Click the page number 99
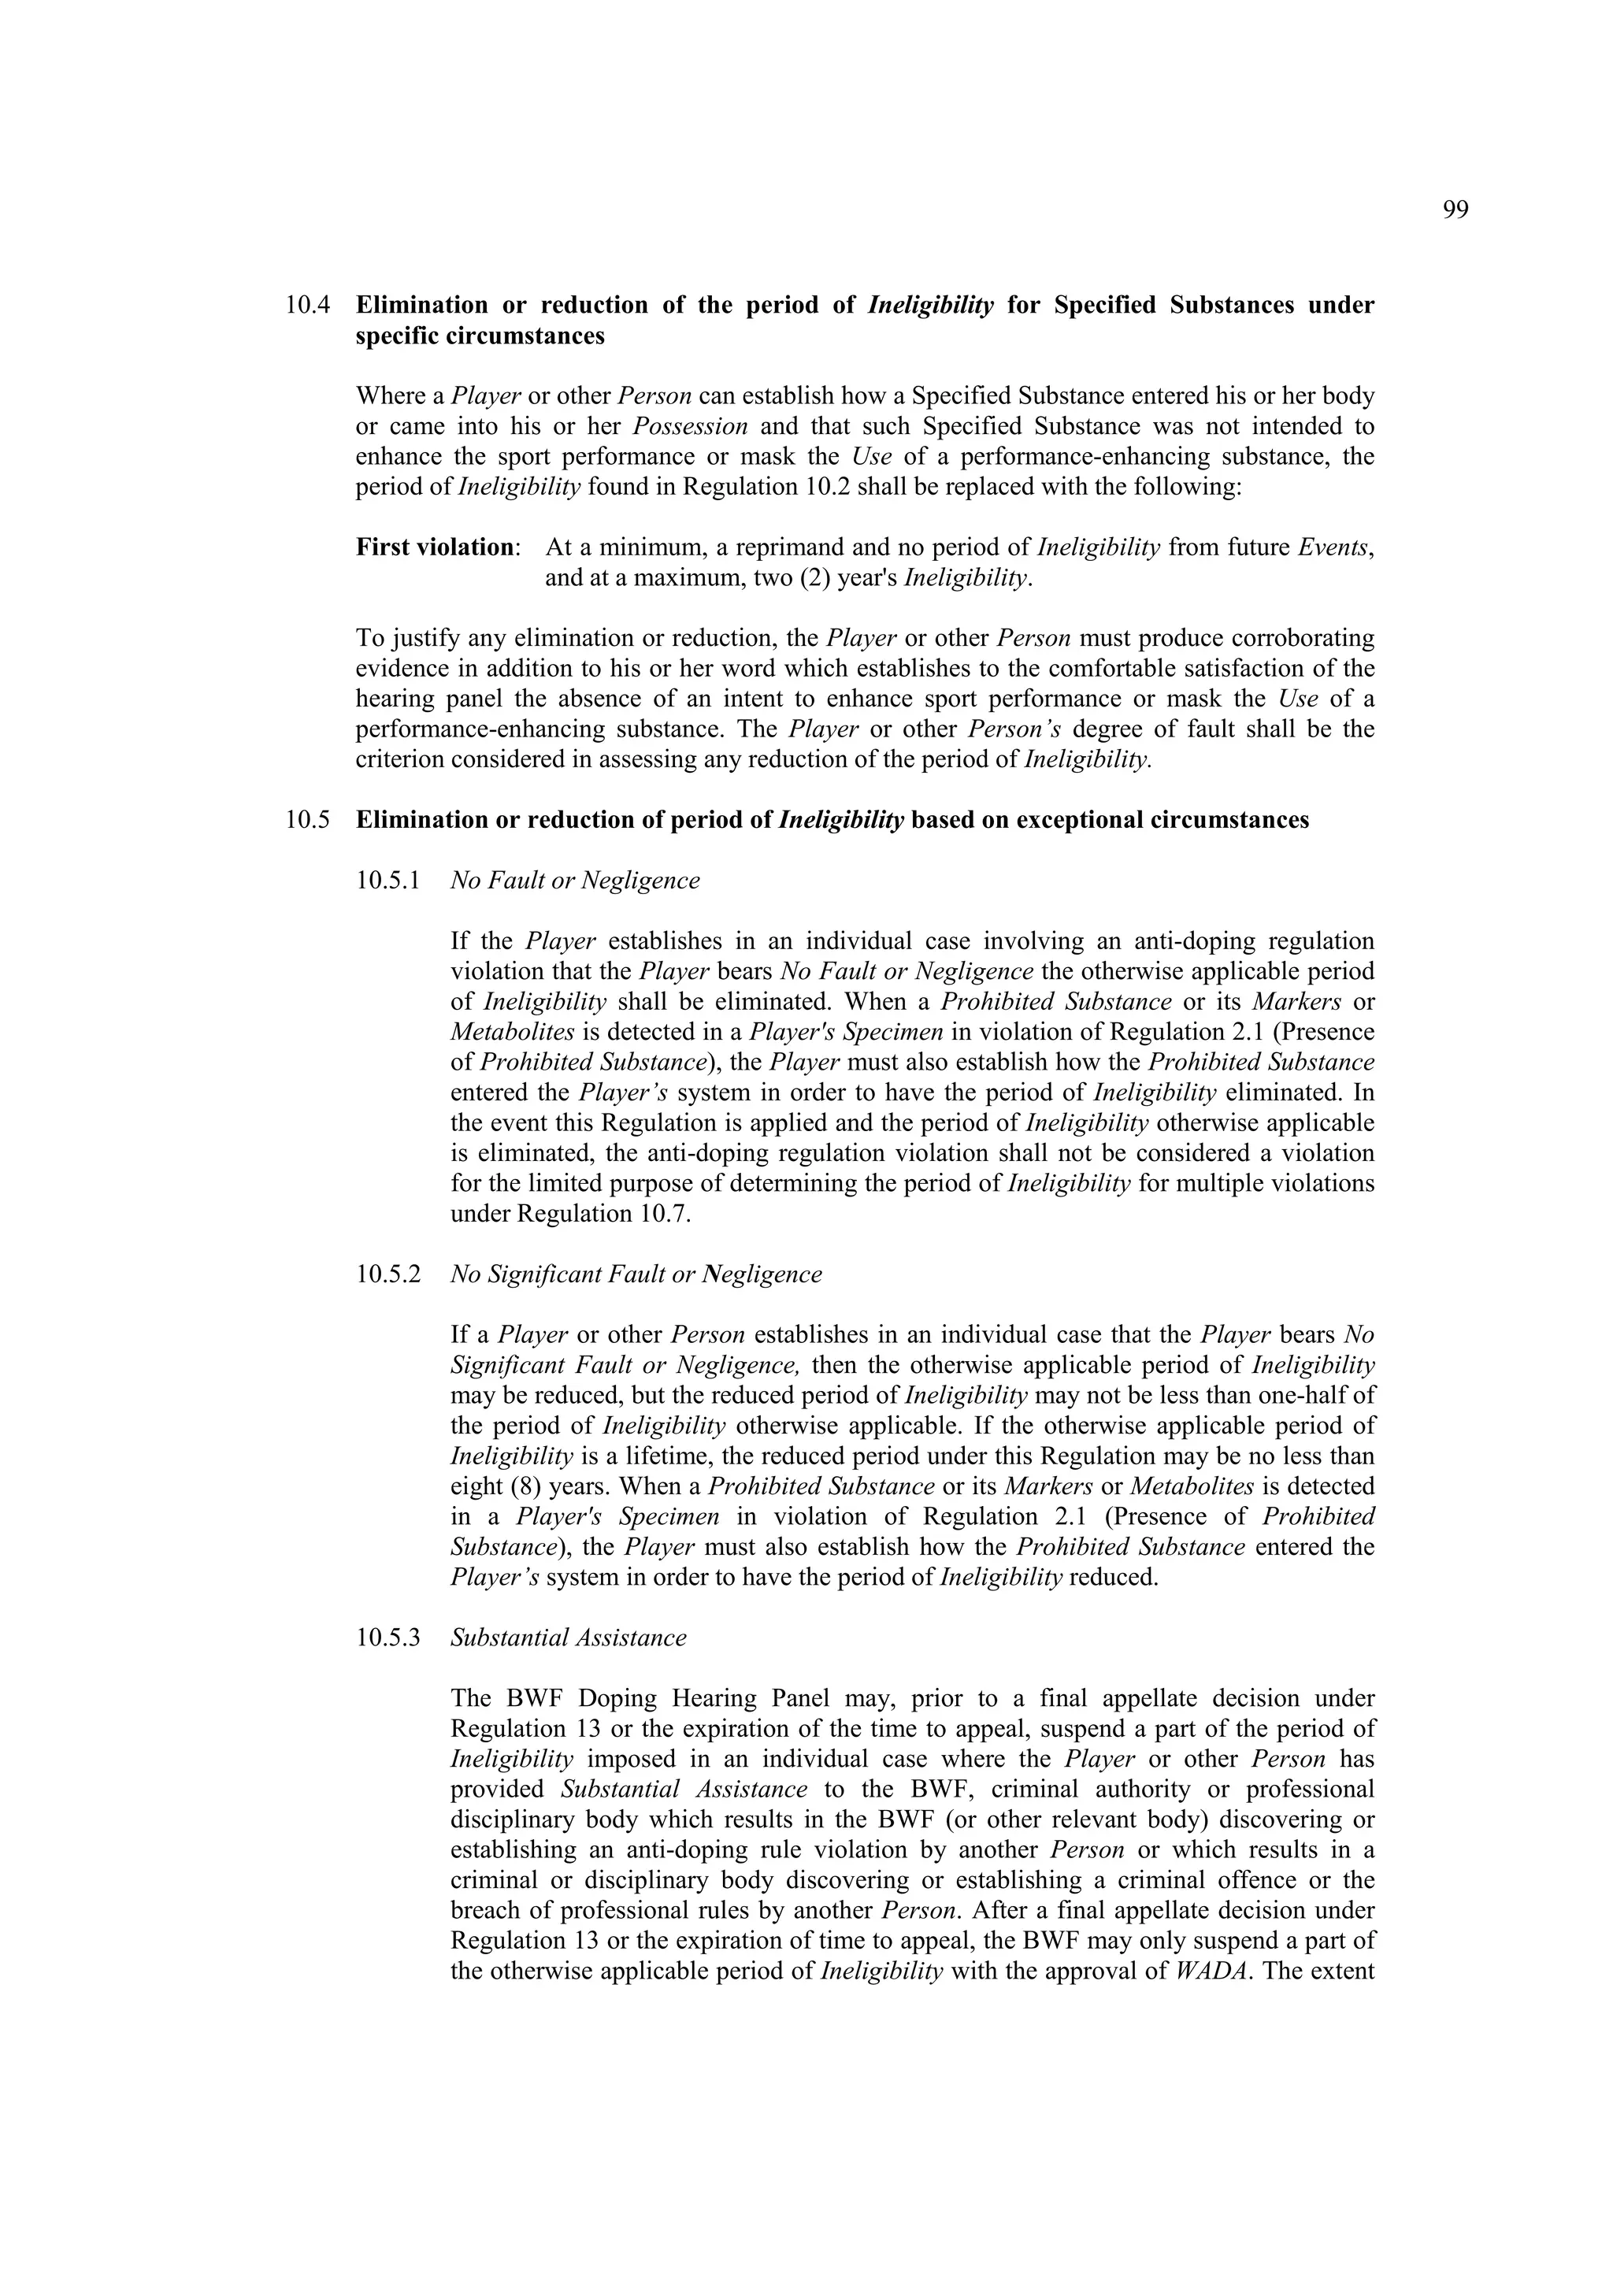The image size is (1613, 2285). (1454, 210)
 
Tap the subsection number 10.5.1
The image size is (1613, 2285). (388, 881)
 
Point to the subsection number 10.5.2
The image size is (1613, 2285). (388, 1275)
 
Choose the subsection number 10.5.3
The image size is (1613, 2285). (388, 1638)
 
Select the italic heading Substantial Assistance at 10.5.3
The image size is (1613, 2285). (568, 1638)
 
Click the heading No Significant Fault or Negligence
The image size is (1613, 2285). (636, 1275)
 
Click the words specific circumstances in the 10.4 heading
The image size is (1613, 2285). (480, 336)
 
